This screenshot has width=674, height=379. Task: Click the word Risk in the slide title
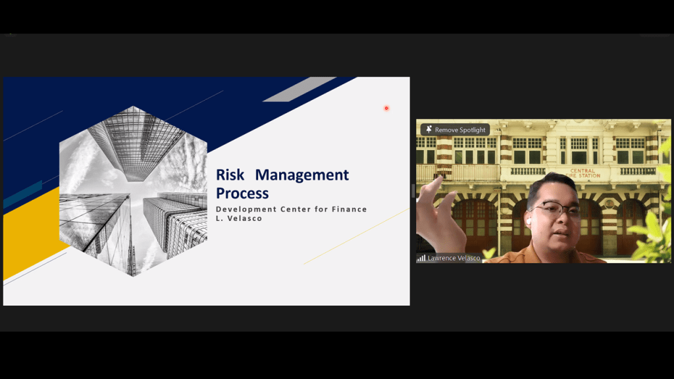230,175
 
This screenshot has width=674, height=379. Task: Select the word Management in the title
301,175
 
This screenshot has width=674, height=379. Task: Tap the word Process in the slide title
242,193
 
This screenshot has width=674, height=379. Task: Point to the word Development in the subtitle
246,209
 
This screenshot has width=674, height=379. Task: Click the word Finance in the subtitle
350,209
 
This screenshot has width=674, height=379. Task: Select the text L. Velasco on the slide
239,218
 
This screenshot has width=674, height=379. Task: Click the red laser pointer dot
386,109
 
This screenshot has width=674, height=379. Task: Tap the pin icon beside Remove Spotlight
428,130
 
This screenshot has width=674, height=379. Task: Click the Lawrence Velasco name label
454,258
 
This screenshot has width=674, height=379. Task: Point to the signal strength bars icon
421,258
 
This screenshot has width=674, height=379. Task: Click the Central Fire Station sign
583,173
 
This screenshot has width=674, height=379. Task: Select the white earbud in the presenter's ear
529,221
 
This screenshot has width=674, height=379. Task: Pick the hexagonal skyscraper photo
133,191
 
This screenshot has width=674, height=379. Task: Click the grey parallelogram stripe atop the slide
299,89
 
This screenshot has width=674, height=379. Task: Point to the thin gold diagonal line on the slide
356,236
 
